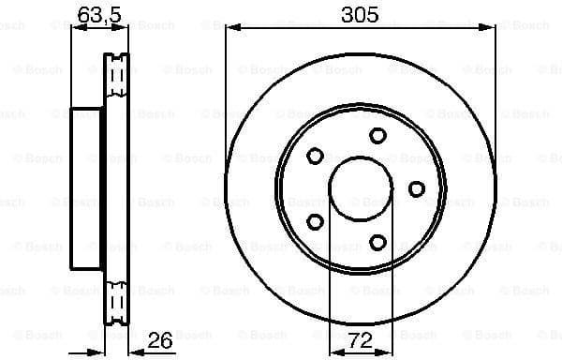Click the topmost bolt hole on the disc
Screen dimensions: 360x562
coord(377,135)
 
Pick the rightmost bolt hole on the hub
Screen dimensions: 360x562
coord(416,188)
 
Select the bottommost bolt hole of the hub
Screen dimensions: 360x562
coord(377,243)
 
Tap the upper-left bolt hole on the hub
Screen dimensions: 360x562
coord(315,155)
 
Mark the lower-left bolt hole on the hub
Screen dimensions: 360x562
coord(315,222)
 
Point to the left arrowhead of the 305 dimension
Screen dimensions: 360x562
coord(230,28)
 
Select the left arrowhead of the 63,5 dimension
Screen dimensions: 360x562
coord(76,28)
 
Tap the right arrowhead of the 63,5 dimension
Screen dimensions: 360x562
coord(123,28)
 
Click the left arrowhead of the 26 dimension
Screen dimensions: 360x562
coord(106,348)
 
